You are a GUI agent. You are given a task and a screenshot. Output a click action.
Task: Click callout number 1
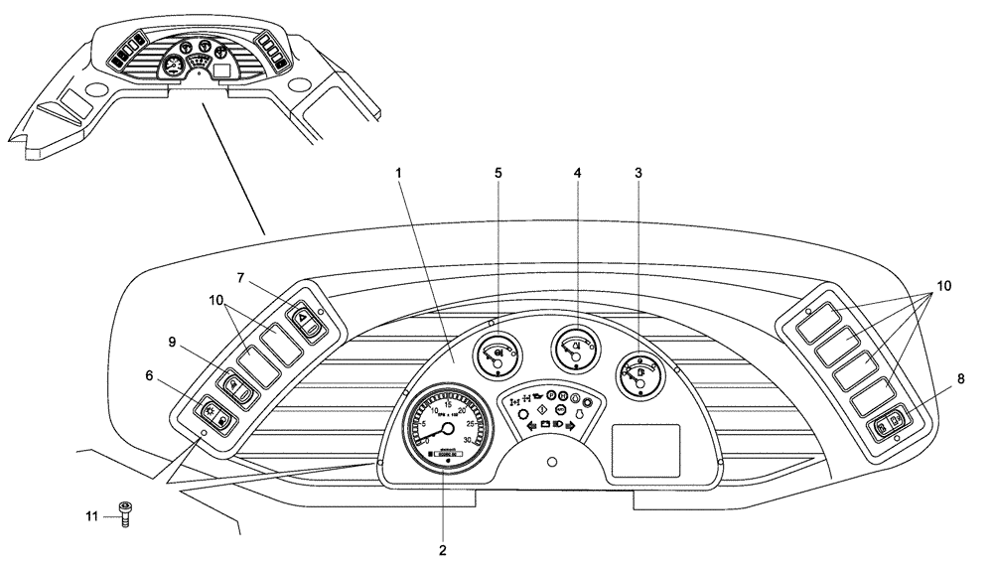[398, 173]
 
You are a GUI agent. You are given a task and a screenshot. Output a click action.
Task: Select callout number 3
[638, 173]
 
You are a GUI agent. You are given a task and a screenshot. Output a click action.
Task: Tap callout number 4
[578, 173]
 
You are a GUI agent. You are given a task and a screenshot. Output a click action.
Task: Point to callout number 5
[498, 173]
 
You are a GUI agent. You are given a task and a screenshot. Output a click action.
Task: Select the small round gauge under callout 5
[496, 353]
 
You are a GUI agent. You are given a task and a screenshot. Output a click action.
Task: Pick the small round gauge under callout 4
[575, 348]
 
